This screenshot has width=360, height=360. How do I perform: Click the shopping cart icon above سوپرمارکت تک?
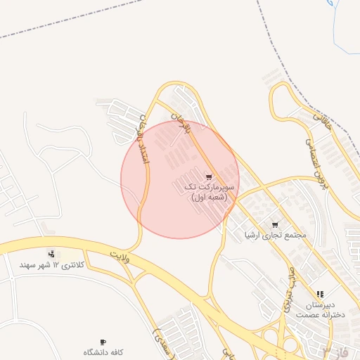coord(208,176)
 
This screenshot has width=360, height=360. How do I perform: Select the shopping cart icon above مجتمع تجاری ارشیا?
coord(274,224)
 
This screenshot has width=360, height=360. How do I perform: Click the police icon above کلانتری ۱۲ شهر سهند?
coord(51,253)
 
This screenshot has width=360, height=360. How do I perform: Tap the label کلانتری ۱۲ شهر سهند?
coord(51,265)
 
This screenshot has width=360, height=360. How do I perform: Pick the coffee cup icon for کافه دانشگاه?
coord(103,342)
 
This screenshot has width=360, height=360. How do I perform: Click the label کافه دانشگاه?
coord(104,352)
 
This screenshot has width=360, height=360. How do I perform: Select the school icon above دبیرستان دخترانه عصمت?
coord(321,294)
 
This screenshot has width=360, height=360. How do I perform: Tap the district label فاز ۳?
coord(335,350)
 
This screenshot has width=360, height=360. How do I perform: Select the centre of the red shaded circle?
coord(180,179)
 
